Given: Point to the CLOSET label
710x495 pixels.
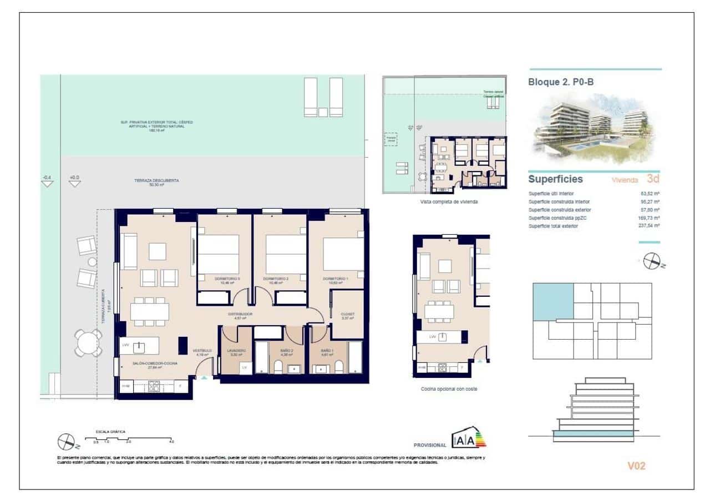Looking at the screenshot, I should click(x=347, y=314).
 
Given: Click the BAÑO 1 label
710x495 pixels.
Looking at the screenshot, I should click(x=327, y=351).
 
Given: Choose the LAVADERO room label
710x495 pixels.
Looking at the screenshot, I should click(x=236, y=351).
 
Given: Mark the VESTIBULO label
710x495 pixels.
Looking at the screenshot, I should click(x=202, y=351).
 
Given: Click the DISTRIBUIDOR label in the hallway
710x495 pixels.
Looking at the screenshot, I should click(x=241, y=314).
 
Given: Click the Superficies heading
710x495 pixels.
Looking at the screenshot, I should click(x=555, y=179).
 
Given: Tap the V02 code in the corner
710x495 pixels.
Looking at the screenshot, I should click(x=636, y=466).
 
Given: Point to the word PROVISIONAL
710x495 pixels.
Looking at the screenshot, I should click(x=430, y=445).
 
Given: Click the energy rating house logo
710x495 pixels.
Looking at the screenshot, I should click(x=470, y=438).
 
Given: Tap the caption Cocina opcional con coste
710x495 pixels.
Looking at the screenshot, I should click(x=449, y=389).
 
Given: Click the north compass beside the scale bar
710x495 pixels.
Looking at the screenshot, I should click(x=67, y=441).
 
